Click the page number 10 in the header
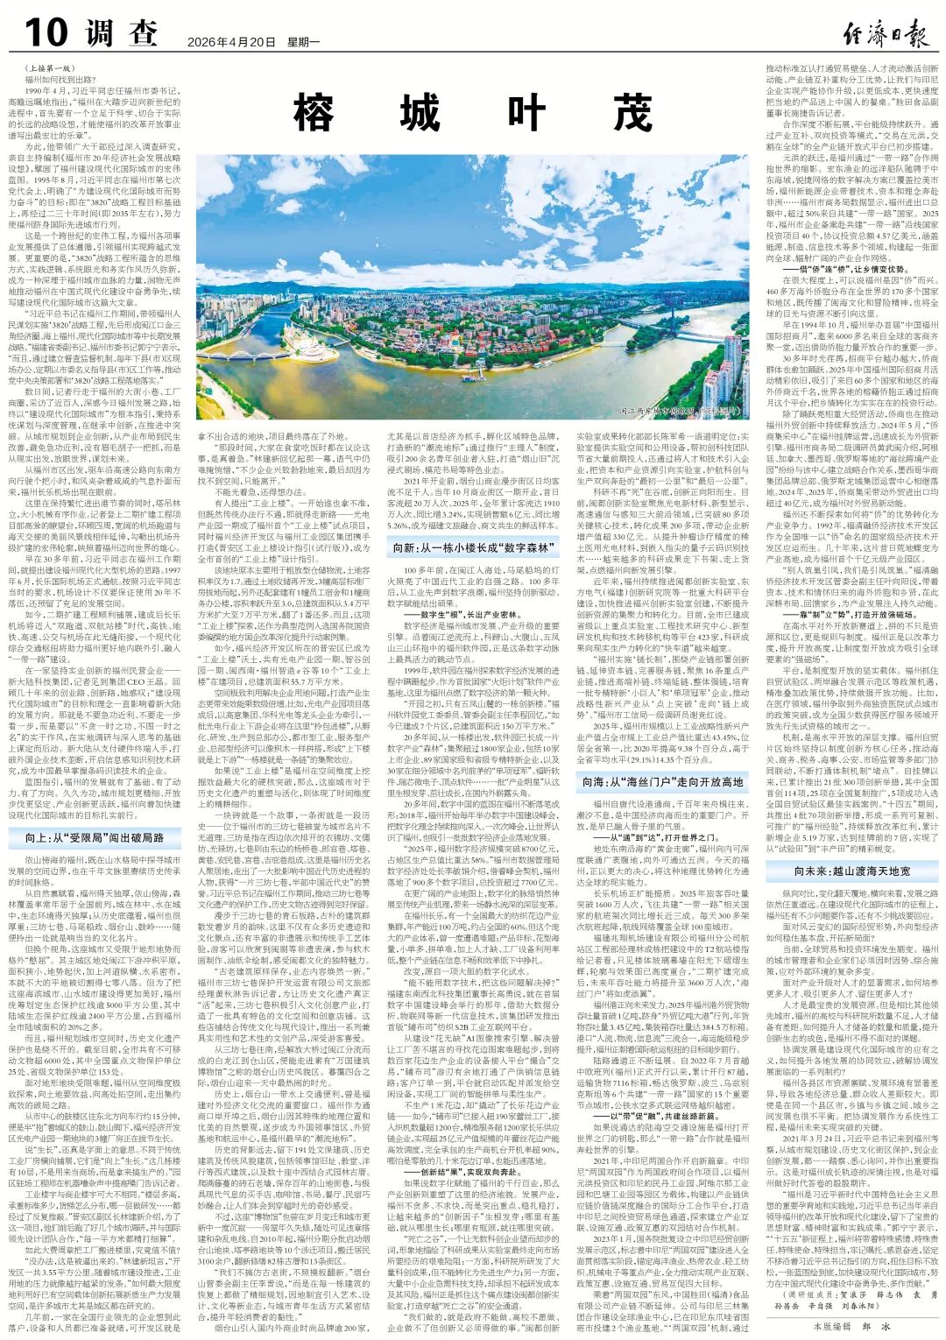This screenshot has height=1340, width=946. point(46,33)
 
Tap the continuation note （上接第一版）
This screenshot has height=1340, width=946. point(50,67)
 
